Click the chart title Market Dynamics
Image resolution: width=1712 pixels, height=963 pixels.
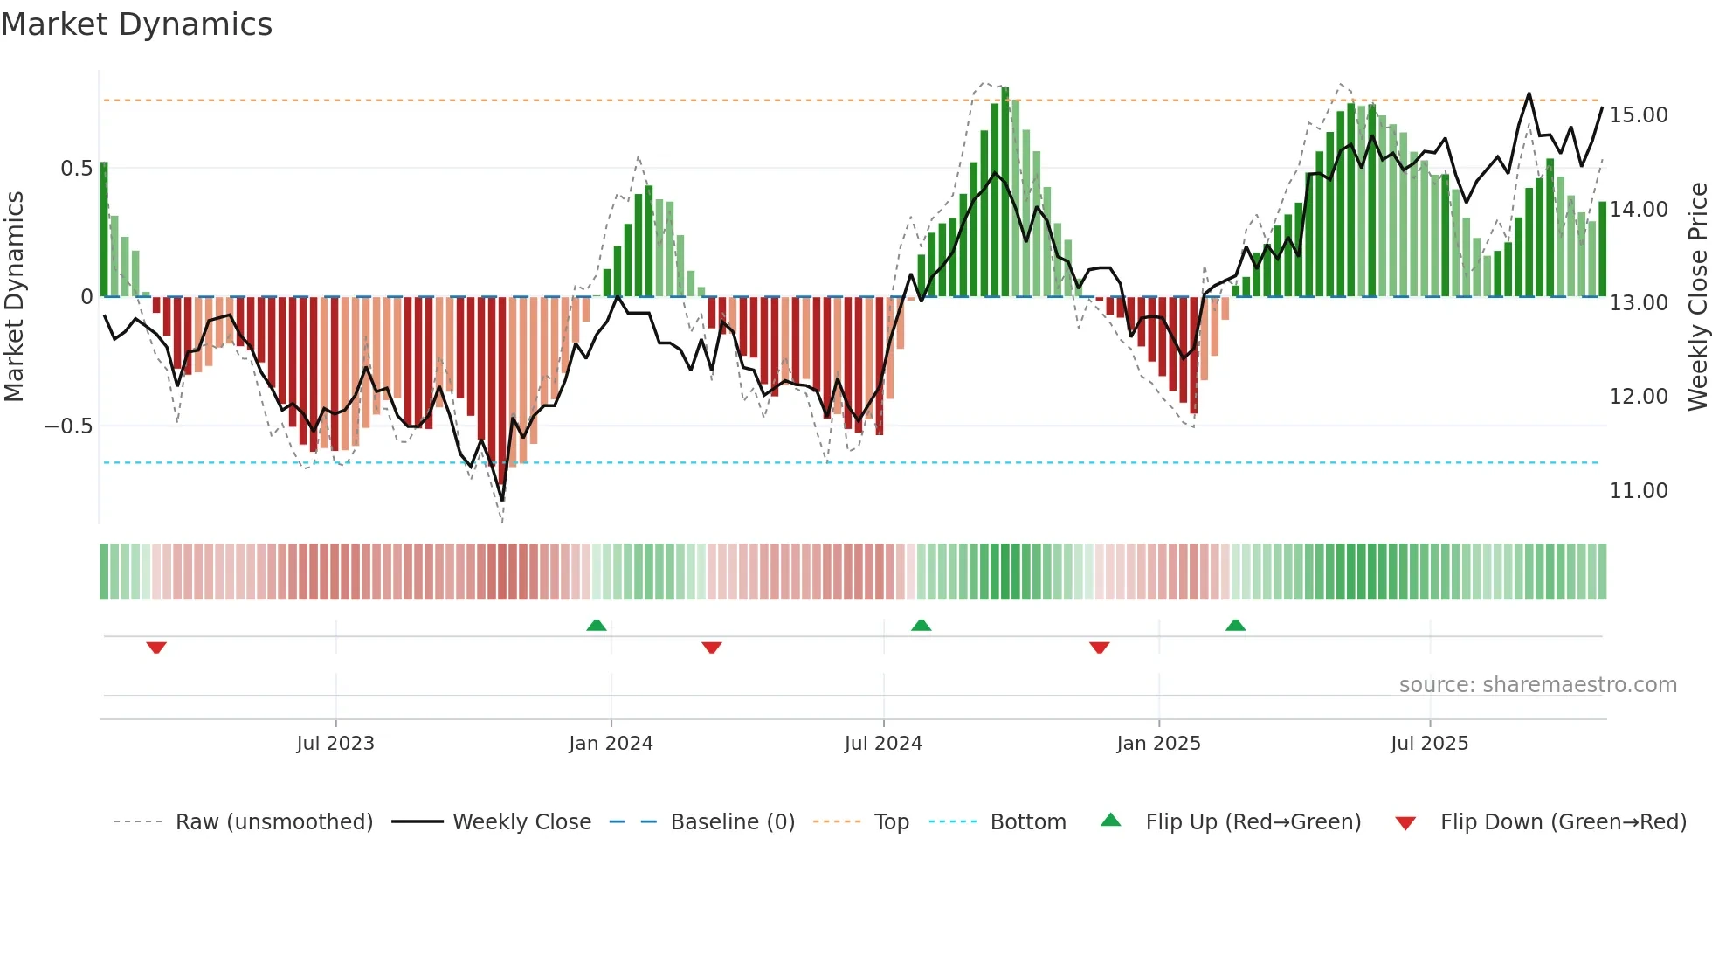click(x=136, y=24)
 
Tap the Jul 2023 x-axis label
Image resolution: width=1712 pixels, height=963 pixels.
click(x=335, y=744)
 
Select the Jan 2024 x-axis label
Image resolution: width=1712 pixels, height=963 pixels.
click(x=611, y=744)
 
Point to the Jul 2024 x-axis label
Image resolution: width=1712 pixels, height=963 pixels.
click(x=883, y=744)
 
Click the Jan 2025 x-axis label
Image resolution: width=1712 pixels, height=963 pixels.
click(x=1158, y=744)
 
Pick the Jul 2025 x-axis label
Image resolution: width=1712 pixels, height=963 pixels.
click(x=1429, y=744)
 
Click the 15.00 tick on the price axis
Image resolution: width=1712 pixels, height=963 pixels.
click(x=1638, y=115)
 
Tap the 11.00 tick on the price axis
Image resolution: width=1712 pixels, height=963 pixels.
click(x=1638, y=491)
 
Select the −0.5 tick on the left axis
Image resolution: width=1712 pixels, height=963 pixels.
click(x=68, y=426)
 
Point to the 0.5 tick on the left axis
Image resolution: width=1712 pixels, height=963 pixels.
click(x=76, y=169)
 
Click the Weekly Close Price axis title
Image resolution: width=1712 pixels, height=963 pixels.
click(x=1697, y=296)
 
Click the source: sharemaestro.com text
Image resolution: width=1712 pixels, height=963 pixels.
click(x=1537, y=685)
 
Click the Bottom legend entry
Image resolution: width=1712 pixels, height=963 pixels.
click(x=1027, y=822)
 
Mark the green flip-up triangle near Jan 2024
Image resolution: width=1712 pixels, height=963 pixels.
click(x=597, y=626)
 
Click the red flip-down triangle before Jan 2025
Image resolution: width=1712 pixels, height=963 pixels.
click(x=1100, y=648)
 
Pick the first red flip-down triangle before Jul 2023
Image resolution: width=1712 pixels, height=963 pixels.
click(x=156, y=648)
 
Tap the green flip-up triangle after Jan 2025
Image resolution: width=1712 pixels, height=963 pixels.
click(x=1235, y=626)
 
